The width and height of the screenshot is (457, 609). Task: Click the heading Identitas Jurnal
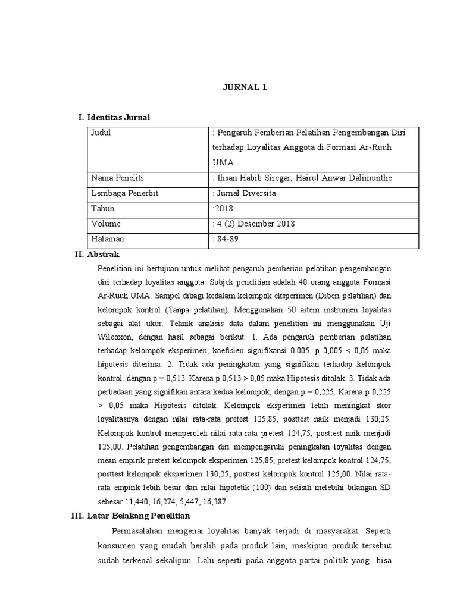[118, 118]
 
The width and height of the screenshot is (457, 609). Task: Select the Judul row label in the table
[101, 133]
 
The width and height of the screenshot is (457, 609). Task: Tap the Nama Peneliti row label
[117, 178]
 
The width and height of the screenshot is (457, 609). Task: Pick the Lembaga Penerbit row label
[124, 193]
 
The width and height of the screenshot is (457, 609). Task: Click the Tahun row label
[102, 209]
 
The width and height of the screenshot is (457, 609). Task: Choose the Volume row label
[105, 224]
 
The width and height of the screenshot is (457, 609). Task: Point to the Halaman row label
[108, 239]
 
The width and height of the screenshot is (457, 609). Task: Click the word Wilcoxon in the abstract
[115, 337]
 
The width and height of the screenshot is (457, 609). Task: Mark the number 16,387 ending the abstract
[214, 501]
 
